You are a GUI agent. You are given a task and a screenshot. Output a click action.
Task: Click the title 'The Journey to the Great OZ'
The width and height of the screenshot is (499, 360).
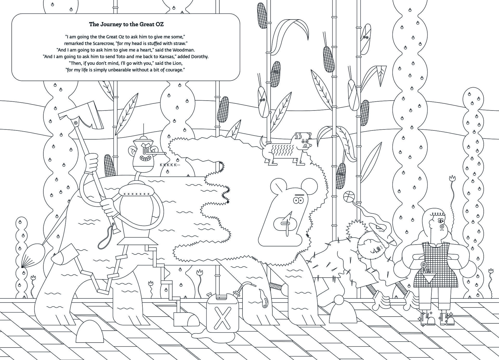click(126, 24)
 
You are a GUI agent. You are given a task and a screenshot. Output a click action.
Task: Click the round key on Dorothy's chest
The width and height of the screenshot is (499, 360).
click(424, 265)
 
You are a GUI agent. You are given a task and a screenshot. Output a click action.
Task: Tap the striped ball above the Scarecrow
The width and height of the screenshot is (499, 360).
click(349, 197)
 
